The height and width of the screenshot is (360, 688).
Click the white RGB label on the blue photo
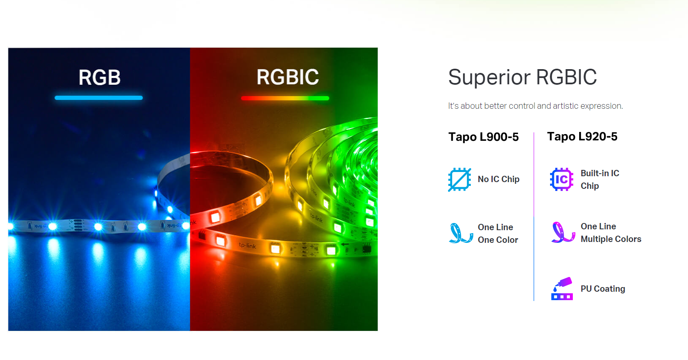point(100,77)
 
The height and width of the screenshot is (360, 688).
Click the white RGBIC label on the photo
point(288,77)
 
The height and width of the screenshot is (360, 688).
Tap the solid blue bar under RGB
point(99,98)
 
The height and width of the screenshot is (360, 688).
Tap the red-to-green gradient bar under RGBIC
point(285,98)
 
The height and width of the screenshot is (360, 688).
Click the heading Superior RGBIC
point(523,77)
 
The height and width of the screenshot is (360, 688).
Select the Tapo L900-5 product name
point(483,137)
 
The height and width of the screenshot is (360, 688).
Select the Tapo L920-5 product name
point(582,137)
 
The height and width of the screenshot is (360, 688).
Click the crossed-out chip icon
point(459,180)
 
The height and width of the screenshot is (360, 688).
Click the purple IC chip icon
point(561,179)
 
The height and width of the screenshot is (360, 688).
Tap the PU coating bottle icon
point(562,289)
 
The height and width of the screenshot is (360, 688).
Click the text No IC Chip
point(499,179)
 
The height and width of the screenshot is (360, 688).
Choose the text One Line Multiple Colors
point(611,233)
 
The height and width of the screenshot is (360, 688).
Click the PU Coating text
point(603,289)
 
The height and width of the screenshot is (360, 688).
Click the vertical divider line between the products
point(534,216)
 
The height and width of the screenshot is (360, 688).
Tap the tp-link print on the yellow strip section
point(248,245)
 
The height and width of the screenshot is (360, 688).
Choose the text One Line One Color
point(498,234)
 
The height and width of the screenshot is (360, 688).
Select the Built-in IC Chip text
point(600,180)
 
